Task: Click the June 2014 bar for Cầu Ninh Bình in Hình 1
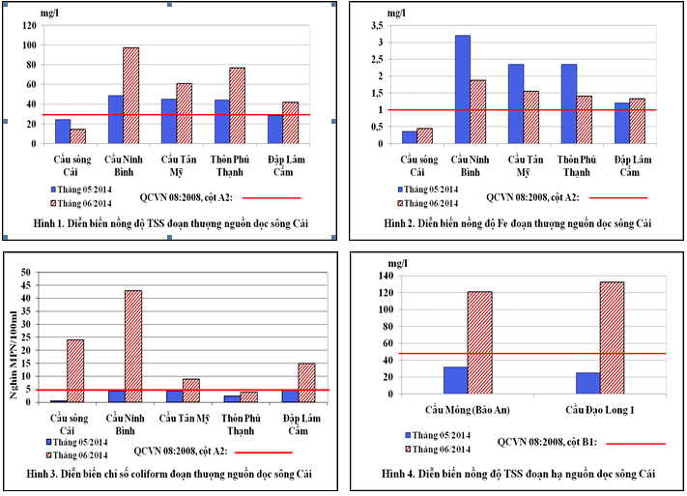coord(130,95)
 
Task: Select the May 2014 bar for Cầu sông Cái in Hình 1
coord(62,131)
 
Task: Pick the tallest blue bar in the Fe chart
coord(463,89)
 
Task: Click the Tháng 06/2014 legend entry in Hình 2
coord(433,203)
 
